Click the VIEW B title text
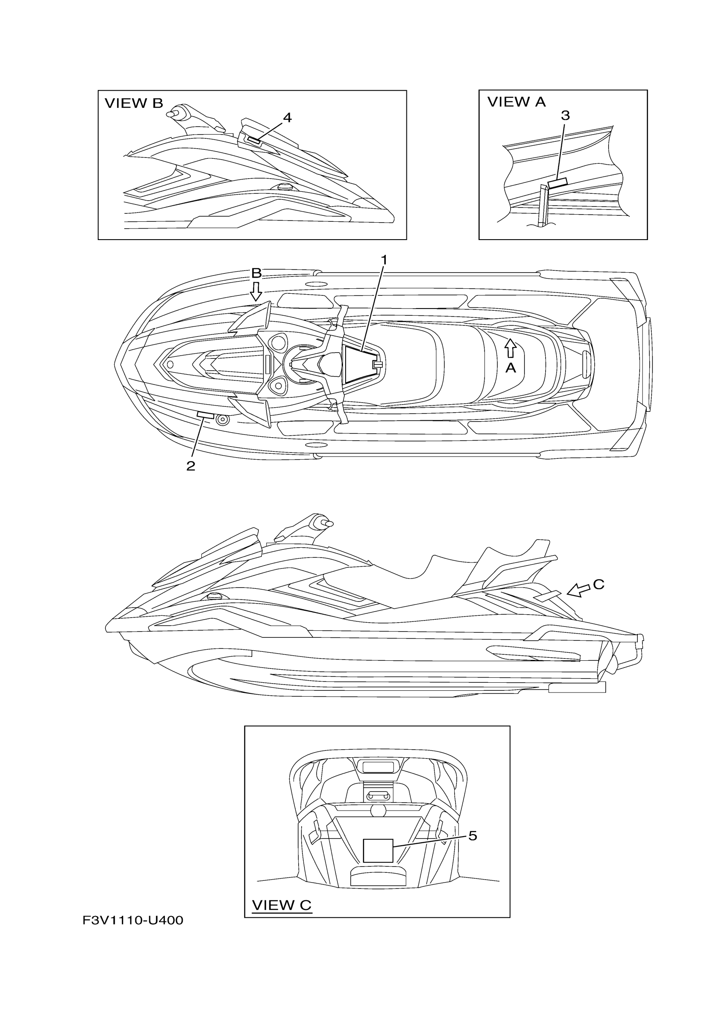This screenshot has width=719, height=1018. [134, 103]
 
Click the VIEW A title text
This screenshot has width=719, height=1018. [516, 102]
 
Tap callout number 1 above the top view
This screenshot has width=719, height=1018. [384, 260]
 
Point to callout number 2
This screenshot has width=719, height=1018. [190, 466]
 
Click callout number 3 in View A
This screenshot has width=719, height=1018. [565, 115]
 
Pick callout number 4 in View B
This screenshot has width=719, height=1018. [287, 118]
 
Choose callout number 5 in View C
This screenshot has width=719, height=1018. [473, 836]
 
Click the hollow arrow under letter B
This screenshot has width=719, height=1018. [255, 291]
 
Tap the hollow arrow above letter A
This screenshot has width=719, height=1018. [510, 348]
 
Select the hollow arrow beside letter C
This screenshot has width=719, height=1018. [579, 590]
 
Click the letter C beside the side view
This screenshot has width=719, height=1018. [598, 585]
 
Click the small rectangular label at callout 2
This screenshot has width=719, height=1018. [205, 414]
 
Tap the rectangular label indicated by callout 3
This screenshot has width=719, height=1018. [557, 183]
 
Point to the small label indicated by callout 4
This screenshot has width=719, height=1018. [254, 141]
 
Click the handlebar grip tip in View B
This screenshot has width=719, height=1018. [170, 114]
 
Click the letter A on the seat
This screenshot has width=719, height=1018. [510, 367]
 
